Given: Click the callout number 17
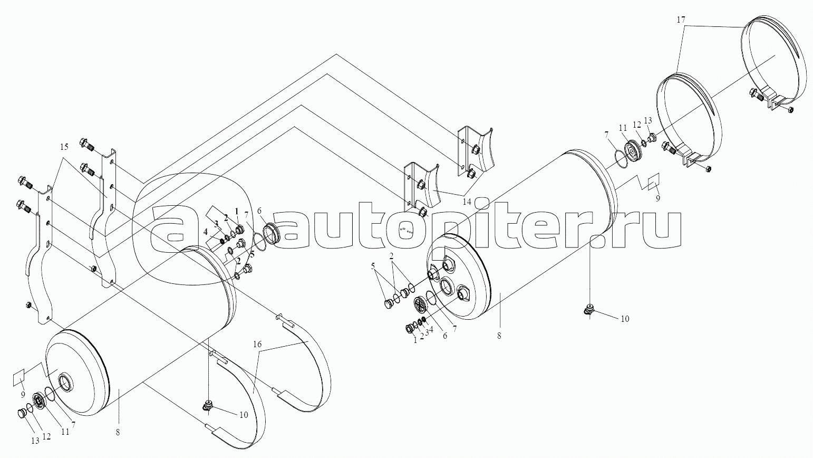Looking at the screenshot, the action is tap(681, 20).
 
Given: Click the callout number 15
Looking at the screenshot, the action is tap(64, 147).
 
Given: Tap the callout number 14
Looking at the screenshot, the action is tap(467, 202).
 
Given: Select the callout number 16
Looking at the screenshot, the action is tap(257, 345).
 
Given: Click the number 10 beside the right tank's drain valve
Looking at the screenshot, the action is tap(625, 319).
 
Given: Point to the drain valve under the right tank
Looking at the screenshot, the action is tap(589, 311).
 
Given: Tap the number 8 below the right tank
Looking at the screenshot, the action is tap(499, 336).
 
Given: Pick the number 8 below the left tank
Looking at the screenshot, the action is tap(118, 432).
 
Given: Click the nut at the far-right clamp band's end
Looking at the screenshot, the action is tap(791, 110).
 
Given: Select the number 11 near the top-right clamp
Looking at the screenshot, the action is tap(623, 128).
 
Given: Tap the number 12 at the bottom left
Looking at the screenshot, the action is tap(47, 436).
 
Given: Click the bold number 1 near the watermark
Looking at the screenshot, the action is tap(237, 211).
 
